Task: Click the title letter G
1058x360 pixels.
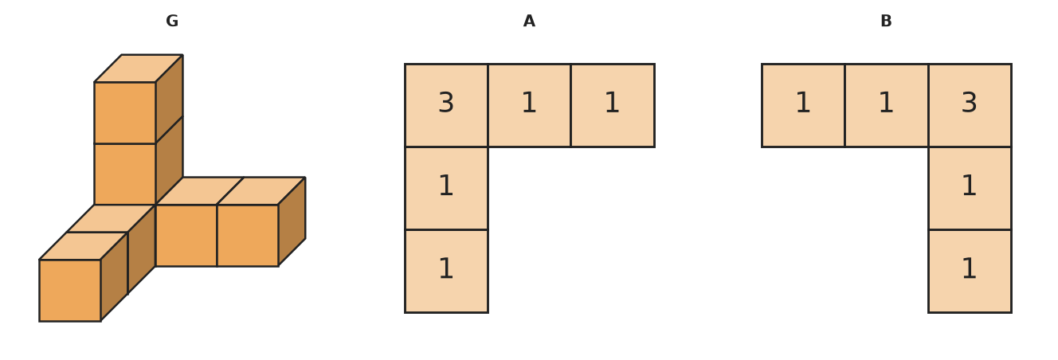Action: [172, 22]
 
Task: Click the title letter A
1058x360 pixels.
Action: [529, 22]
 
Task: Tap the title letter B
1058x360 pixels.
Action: [886, 22]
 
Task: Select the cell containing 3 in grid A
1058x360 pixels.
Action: [446, 105]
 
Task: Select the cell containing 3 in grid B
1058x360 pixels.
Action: [970, 105]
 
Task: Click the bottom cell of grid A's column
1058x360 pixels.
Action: [446, 271]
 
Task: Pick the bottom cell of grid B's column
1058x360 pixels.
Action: [970, 271]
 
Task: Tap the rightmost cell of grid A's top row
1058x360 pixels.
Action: [613, 105]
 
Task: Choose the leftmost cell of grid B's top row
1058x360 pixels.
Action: [803, 105]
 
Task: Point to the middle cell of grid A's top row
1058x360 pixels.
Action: [530, 105]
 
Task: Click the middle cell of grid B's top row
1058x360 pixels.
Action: [887, 105]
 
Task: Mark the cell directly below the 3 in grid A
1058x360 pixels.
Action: [446, 189]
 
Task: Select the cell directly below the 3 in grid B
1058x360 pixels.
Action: [970, 189]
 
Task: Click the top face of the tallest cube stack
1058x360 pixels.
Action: [139, 68]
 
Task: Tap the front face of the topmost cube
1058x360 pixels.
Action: [125, 113]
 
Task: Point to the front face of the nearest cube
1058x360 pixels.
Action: [70, 291]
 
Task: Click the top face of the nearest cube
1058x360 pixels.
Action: [83, 246]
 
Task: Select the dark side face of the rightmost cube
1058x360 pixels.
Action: [292, 221]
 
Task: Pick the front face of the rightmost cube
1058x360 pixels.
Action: [248, 235]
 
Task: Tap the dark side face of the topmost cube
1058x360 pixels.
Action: [169, 100]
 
